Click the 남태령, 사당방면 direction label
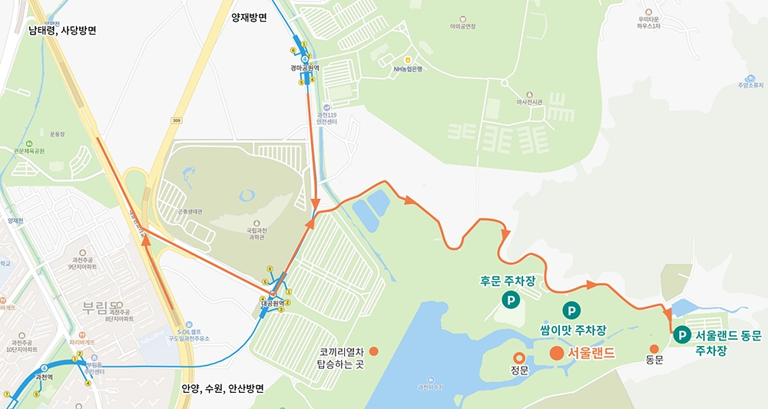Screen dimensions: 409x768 point(62,31)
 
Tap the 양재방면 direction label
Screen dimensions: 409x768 point(248,16)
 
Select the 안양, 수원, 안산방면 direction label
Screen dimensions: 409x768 point(223,388)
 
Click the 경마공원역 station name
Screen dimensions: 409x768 point(305,68)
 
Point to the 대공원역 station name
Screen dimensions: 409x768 point(273,303)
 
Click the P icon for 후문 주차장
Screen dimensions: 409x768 point(508,301)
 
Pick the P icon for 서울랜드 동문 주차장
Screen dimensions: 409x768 point(681,334)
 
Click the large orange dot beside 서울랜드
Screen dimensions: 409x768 point(555,354)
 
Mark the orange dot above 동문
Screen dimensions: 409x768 point(654,349)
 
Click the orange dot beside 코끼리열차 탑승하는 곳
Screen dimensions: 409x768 point(374,351)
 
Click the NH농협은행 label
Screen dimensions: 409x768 point(408,68)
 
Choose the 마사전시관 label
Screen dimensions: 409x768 point(530,101)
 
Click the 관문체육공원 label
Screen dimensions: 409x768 point(29,151)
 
